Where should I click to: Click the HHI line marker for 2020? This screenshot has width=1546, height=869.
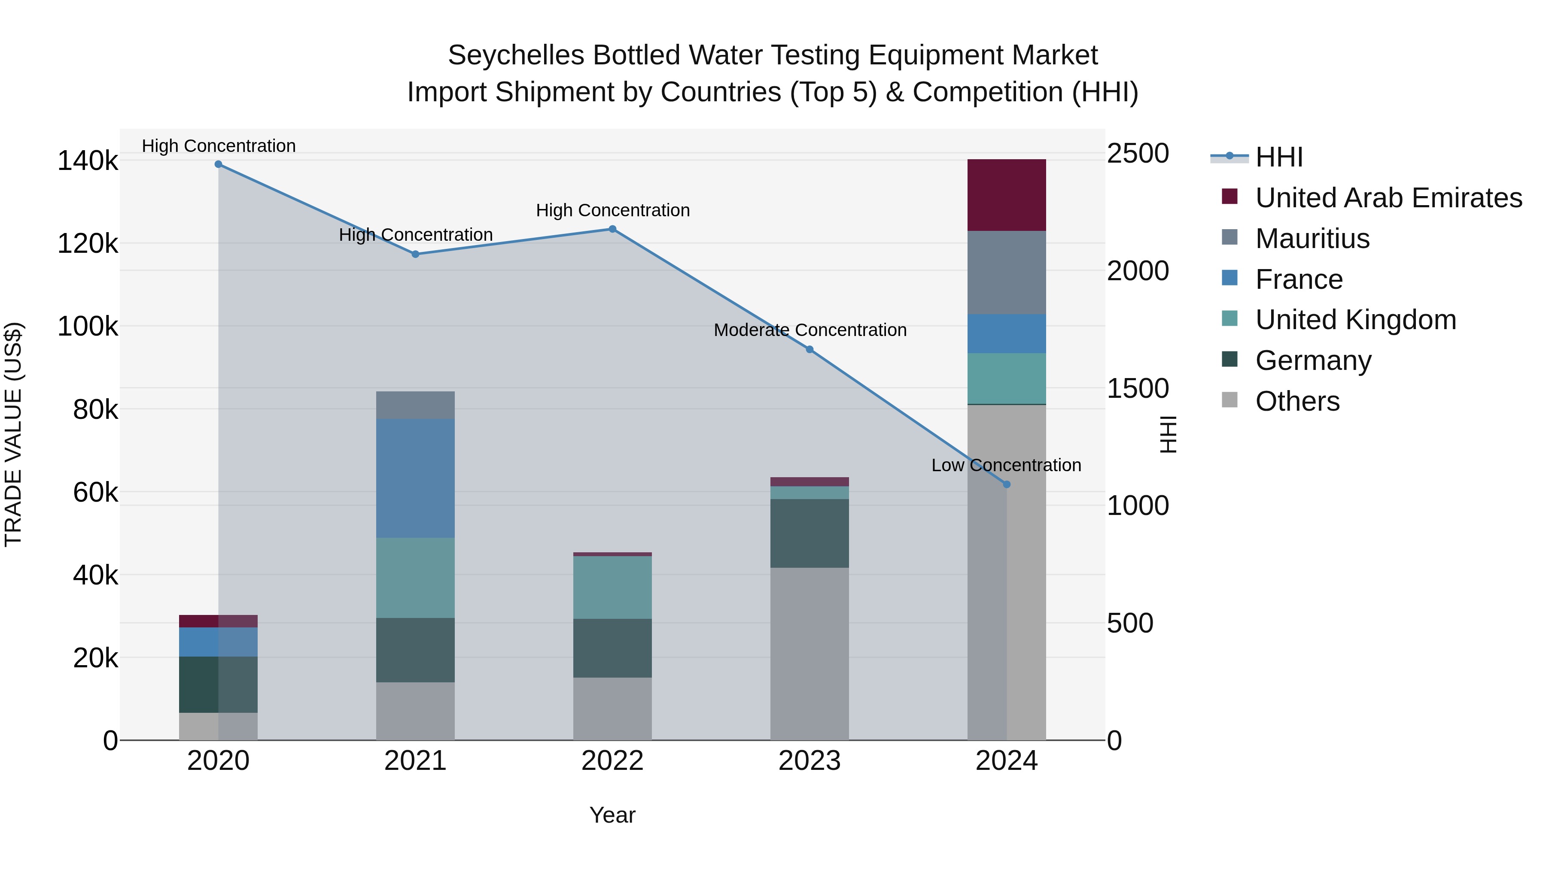coord(219,164)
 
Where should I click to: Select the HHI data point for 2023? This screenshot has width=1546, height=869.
coord(809,350)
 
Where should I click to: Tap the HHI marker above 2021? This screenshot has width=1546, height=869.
coord(415,254)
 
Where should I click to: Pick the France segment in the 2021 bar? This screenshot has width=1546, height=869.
coord(415,478)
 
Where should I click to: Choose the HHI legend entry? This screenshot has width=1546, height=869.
coord(1278,157)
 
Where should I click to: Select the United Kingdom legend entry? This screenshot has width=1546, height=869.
coord(1355,320)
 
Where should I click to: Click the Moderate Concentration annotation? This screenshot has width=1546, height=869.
coord(810,330)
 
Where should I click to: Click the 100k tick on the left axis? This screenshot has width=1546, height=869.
coord(88,327)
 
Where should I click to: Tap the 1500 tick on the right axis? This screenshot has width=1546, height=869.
coord(1137,389)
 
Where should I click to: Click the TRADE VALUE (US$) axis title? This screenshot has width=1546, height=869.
coord(13,434)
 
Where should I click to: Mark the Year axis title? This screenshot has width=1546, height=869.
coord(612,815)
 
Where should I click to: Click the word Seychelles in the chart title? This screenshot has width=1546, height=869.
coord(516,55)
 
